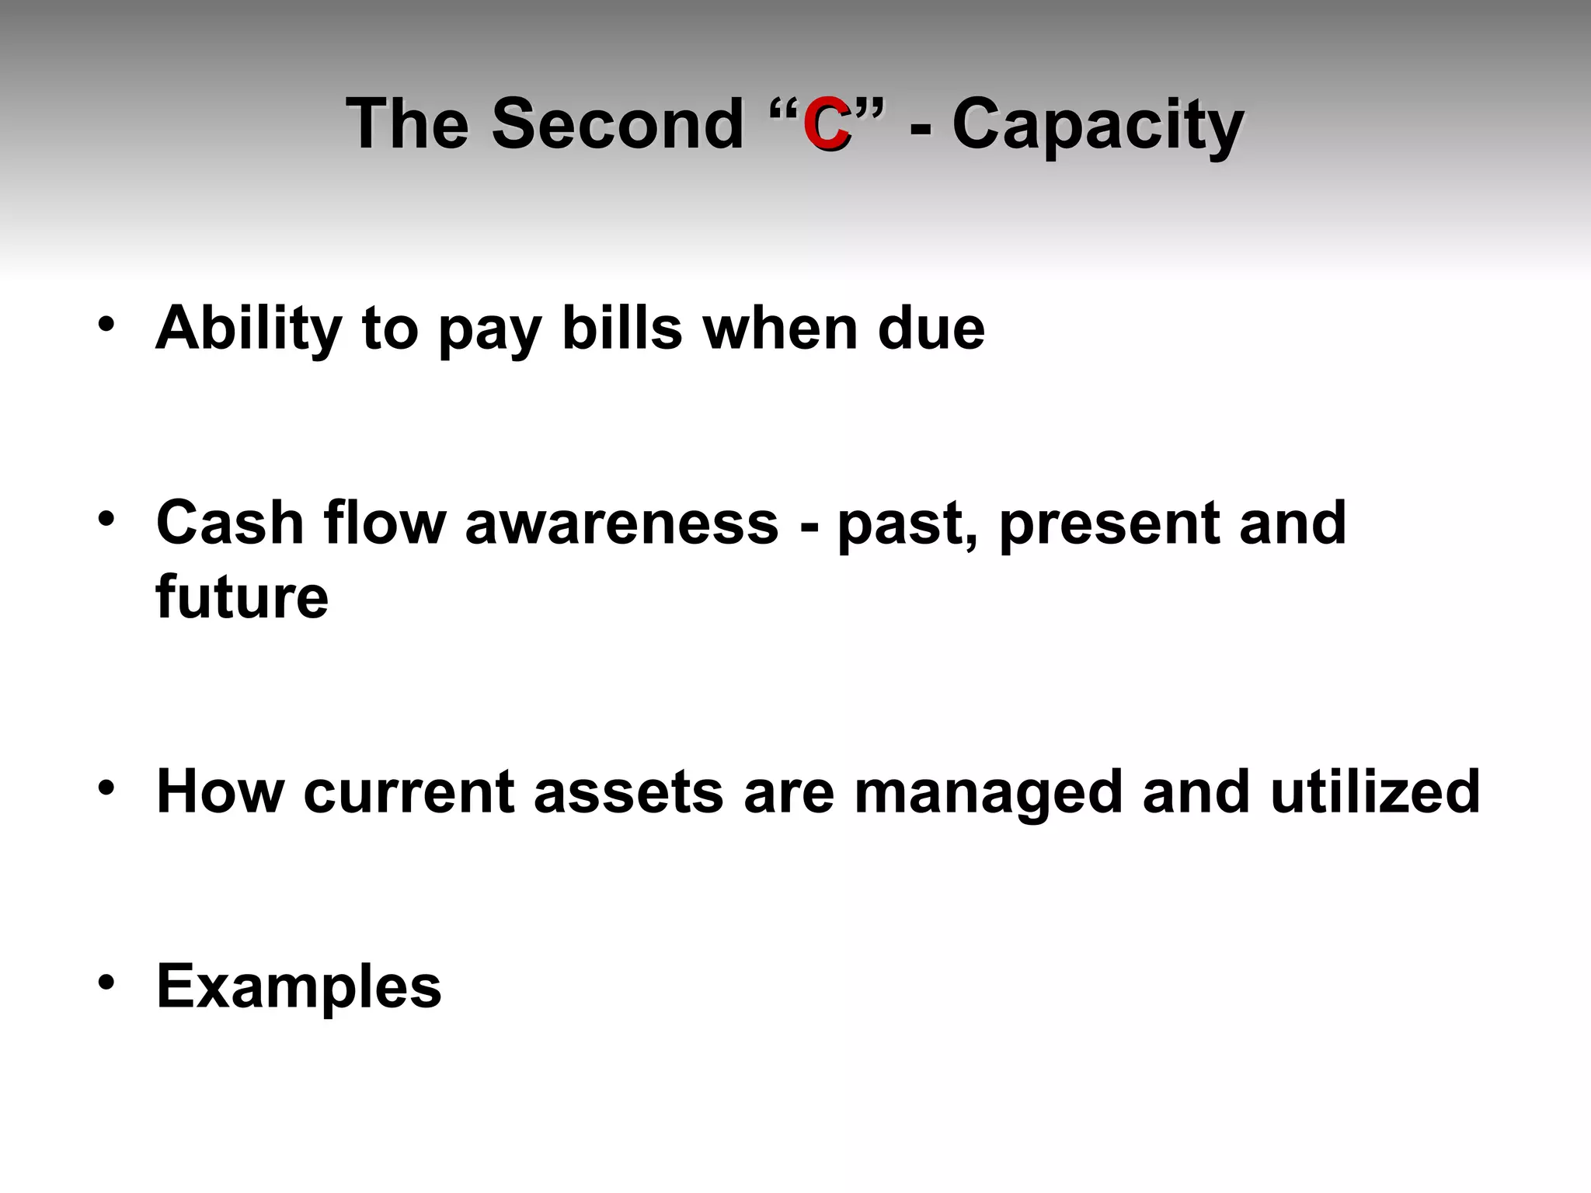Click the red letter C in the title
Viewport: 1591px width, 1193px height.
coord(826,124)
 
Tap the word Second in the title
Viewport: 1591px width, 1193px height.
coord(618,124)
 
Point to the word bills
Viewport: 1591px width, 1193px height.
coord(621,328)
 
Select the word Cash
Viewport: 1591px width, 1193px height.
coord(230,523)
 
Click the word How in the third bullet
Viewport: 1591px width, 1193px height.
coord(221,791)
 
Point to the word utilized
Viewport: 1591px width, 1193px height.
coord(1375,791)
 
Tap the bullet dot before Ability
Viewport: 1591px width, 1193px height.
coord(107,323)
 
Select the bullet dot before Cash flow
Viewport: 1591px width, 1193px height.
coord(107,518)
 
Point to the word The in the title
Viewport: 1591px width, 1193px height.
coord(407,124)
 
